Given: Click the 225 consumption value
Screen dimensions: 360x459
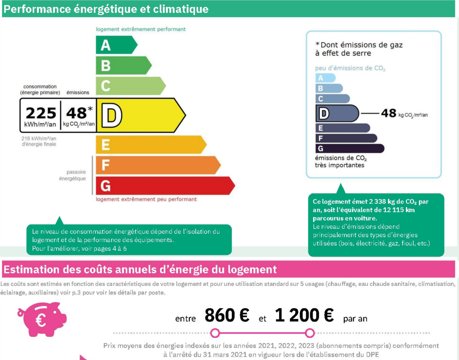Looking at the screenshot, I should pos(41,113).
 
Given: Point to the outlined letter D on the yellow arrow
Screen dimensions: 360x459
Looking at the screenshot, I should pos(112,115).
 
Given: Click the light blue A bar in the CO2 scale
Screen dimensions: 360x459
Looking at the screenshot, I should pos(325,78).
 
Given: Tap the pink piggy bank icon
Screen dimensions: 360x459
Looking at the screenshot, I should pos(43,319).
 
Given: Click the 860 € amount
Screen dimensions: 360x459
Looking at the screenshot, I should pos(227,315).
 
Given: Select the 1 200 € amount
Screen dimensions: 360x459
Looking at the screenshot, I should pos(304,315).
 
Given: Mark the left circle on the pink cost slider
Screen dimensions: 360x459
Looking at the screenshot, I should pos(215,333).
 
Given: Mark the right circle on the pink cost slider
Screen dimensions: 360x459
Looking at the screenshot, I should pos(310,333).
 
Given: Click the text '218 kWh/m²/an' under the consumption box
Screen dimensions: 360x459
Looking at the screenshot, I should pos(39,139).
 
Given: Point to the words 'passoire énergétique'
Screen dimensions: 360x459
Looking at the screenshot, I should pos(73,175).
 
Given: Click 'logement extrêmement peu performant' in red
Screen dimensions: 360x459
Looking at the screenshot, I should pos(146,199).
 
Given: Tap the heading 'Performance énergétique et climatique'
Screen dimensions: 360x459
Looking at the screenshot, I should pos(106,9).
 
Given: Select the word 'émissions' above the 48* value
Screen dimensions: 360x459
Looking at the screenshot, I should pos(78,92).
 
